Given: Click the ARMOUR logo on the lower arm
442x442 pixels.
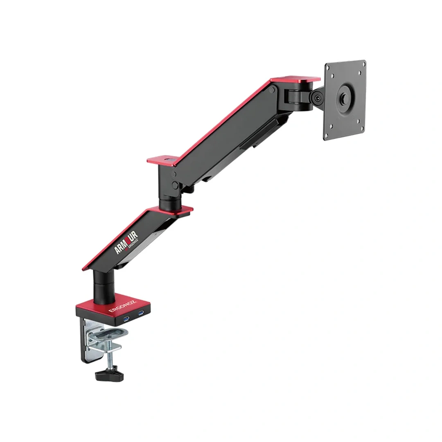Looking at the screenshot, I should coord(126,242).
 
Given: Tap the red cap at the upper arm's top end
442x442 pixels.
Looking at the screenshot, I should coord(295,80).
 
